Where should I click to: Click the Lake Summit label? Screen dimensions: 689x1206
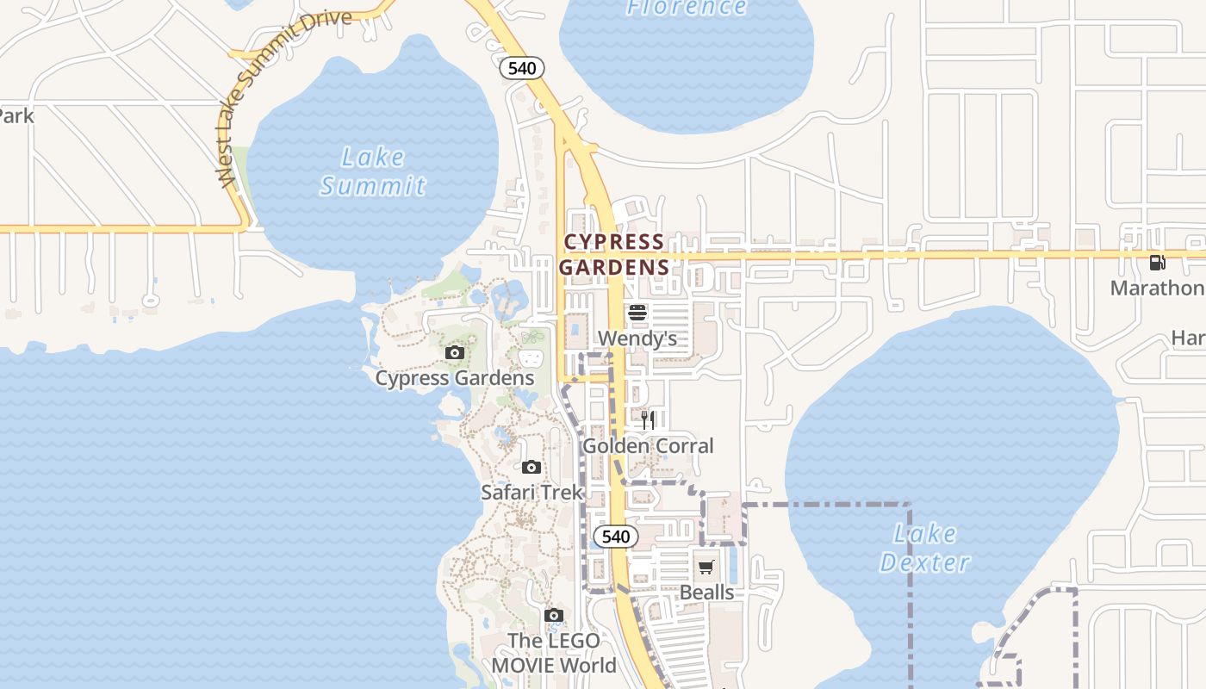click(x=372, y=171)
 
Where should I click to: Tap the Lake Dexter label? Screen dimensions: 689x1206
click(x=924, y=549)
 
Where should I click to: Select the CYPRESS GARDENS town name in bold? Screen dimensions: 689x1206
click(x=614, y=254)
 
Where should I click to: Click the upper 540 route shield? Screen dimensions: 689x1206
click(x=522, y=68)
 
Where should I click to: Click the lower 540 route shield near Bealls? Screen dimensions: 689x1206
click(x=616, y=537)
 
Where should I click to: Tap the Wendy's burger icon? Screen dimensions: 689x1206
click(x=637, y=313)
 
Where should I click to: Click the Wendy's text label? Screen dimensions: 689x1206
click(x=637, y=338)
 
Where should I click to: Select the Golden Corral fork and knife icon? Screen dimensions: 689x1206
click(x=648, y=420)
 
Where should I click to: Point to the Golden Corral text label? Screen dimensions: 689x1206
click(x=648, y=446)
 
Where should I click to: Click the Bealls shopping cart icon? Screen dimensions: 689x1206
click(x=706, y=567)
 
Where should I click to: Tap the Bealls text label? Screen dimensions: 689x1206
click(x=706, y=593)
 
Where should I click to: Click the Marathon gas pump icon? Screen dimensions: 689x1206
click(x=1158, y=263)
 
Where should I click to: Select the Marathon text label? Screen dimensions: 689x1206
click(x=1157, y=288)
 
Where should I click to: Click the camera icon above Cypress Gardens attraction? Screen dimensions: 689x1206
click(x=455, y=352)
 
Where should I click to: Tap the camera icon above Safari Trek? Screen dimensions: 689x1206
click(x=532, y=467)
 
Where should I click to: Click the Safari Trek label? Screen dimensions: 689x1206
click(x=532, y=493)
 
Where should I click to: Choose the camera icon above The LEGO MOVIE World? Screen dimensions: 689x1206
click(x=554, y=615)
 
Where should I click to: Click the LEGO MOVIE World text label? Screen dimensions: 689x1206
click(x=554, y=653)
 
